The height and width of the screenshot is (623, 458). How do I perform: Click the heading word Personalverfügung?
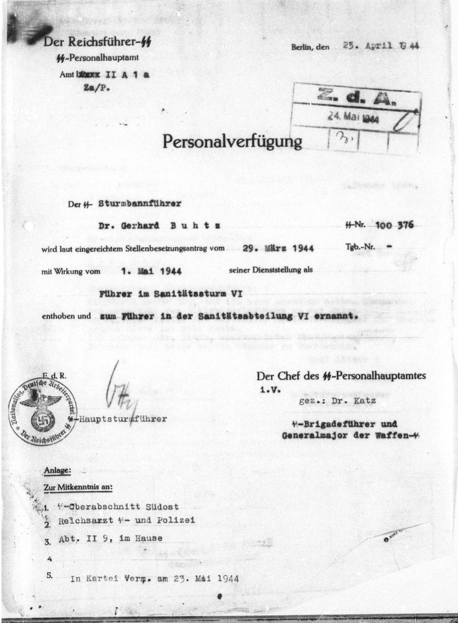pyautogui.click(x=232, y=141)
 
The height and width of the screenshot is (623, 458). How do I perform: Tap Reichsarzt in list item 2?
pyautogui.click(x=84, y=521)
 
